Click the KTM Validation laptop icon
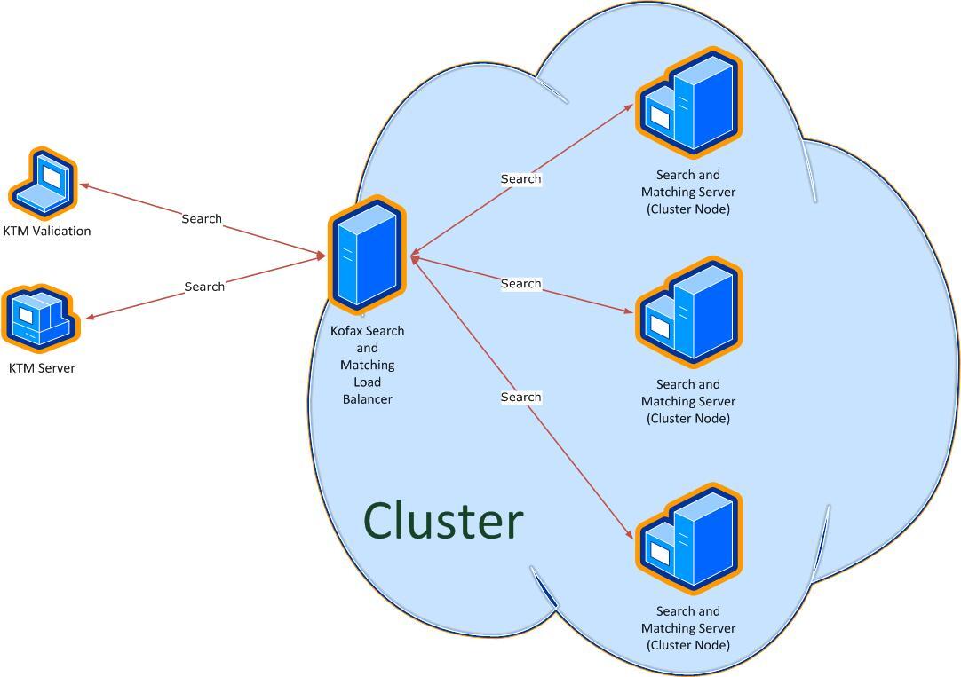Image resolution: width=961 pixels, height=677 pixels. (x=43, y=183)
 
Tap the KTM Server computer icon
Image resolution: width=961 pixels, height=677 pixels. (x=41, y=319)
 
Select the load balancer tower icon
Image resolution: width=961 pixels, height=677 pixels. (x=367, y=256)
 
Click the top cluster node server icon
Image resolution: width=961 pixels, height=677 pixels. (x=689, y=102)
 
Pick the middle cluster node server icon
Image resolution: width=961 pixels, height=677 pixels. (x=689, y=311)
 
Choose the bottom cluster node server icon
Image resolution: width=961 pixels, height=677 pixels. (x=689, y=539)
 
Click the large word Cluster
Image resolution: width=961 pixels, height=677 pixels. (x=443, y=521)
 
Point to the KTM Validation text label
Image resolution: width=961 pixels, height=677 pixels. (x=47, y=231)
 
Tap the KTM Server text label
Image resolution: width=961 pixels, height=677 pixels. (x=42, y=368)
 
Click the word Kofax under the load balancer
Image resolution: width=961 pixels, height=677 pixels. (x=347, y=331)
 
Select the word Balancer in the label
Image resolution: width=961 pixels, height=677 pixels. (x=367, y=399)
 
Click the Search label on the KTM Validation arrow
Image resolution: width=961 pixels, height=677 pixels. (x=202, y=218)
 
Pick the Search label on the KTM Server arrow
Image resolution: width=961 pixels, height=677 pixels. (x=204, y=287)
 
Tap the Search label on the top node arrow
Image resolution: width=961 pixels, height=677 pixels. (x=521, y=178)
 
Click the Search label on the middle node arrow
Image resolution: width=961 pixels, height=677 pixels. (x=521, y=283)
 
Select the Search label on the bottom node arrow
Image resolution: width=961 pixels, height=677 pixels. (x=521, y=397)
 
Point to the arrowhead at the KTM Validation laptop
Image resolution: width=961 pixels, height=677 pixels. (x=84, y=185)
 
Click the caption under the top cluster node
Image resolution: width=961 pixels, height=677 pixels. (x=688, y=192)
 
